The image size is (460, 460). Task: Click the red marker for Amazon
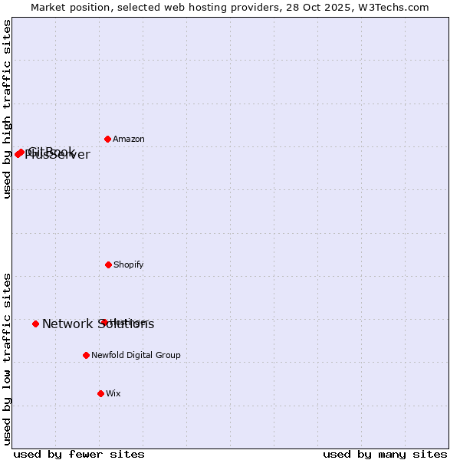(x=108, y=139)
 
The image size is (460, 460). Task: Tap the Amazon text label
(x=129, y=140)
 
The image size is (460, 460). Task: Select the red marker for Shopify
(x=108, y=264)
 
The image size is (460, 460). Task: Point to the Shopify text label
(x=129, y=265)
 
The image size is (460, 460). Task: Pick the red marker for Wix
(x=100, y=393)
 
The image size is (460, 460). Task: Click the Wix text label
(x=113, y=394)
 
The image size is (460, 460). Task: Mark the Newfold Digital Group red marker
(x=86, y=355)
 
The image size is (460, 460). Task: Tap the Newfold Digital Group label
(x=136, y=356)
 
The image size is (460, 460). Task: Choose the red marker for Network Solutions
(x=35, y=324)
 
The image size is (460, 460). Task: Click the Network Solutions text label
(x=98, y=324)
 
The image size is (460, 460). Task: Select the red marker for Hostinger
(x=103, y=322)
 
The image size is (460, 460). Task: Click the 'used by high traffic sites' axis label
(x=7, y=109)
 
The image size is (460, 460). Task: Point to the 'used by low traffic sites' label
(x=7, y=359)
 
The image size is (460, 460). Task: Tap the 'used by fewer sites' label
(x=79, y=454)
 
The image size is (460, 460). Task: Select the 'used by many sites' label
(x=385, y=454)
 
